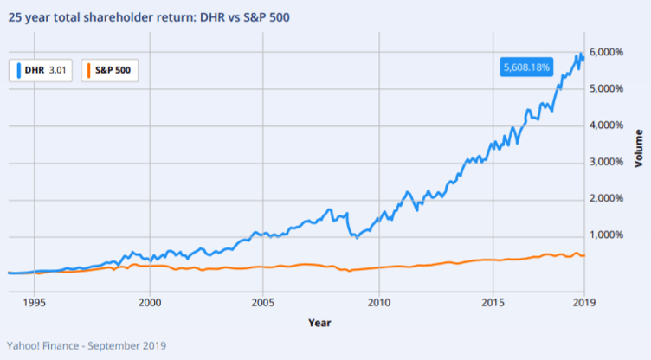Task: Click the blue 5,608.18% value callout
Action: click(526, 67)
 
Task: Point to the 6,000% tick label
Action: click(606, 52)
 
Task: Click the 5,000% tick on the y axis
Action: click(606, 88)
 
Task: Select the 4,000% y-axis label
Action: click(606, 125)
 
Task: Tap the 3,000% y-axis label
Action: click(606, 162)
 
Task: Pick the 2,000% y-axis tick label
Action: click(606, 199)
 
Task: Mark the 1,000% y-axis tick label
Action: click(606, 235)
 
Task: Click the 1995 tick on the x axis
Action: click(34, 304)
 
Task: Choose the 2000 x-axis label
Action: click(150, 304)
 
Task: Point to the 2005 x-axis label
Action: click(264, 304)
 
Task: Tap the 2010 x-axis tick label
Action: click(378, 304)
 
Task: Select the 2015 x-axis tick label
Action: click(493, 304)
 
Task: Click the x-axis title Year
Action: click(319, 323)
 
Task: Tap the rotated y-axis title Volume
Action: click(639, 149)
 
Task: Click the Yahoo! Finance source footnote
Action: click(87, 345)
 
